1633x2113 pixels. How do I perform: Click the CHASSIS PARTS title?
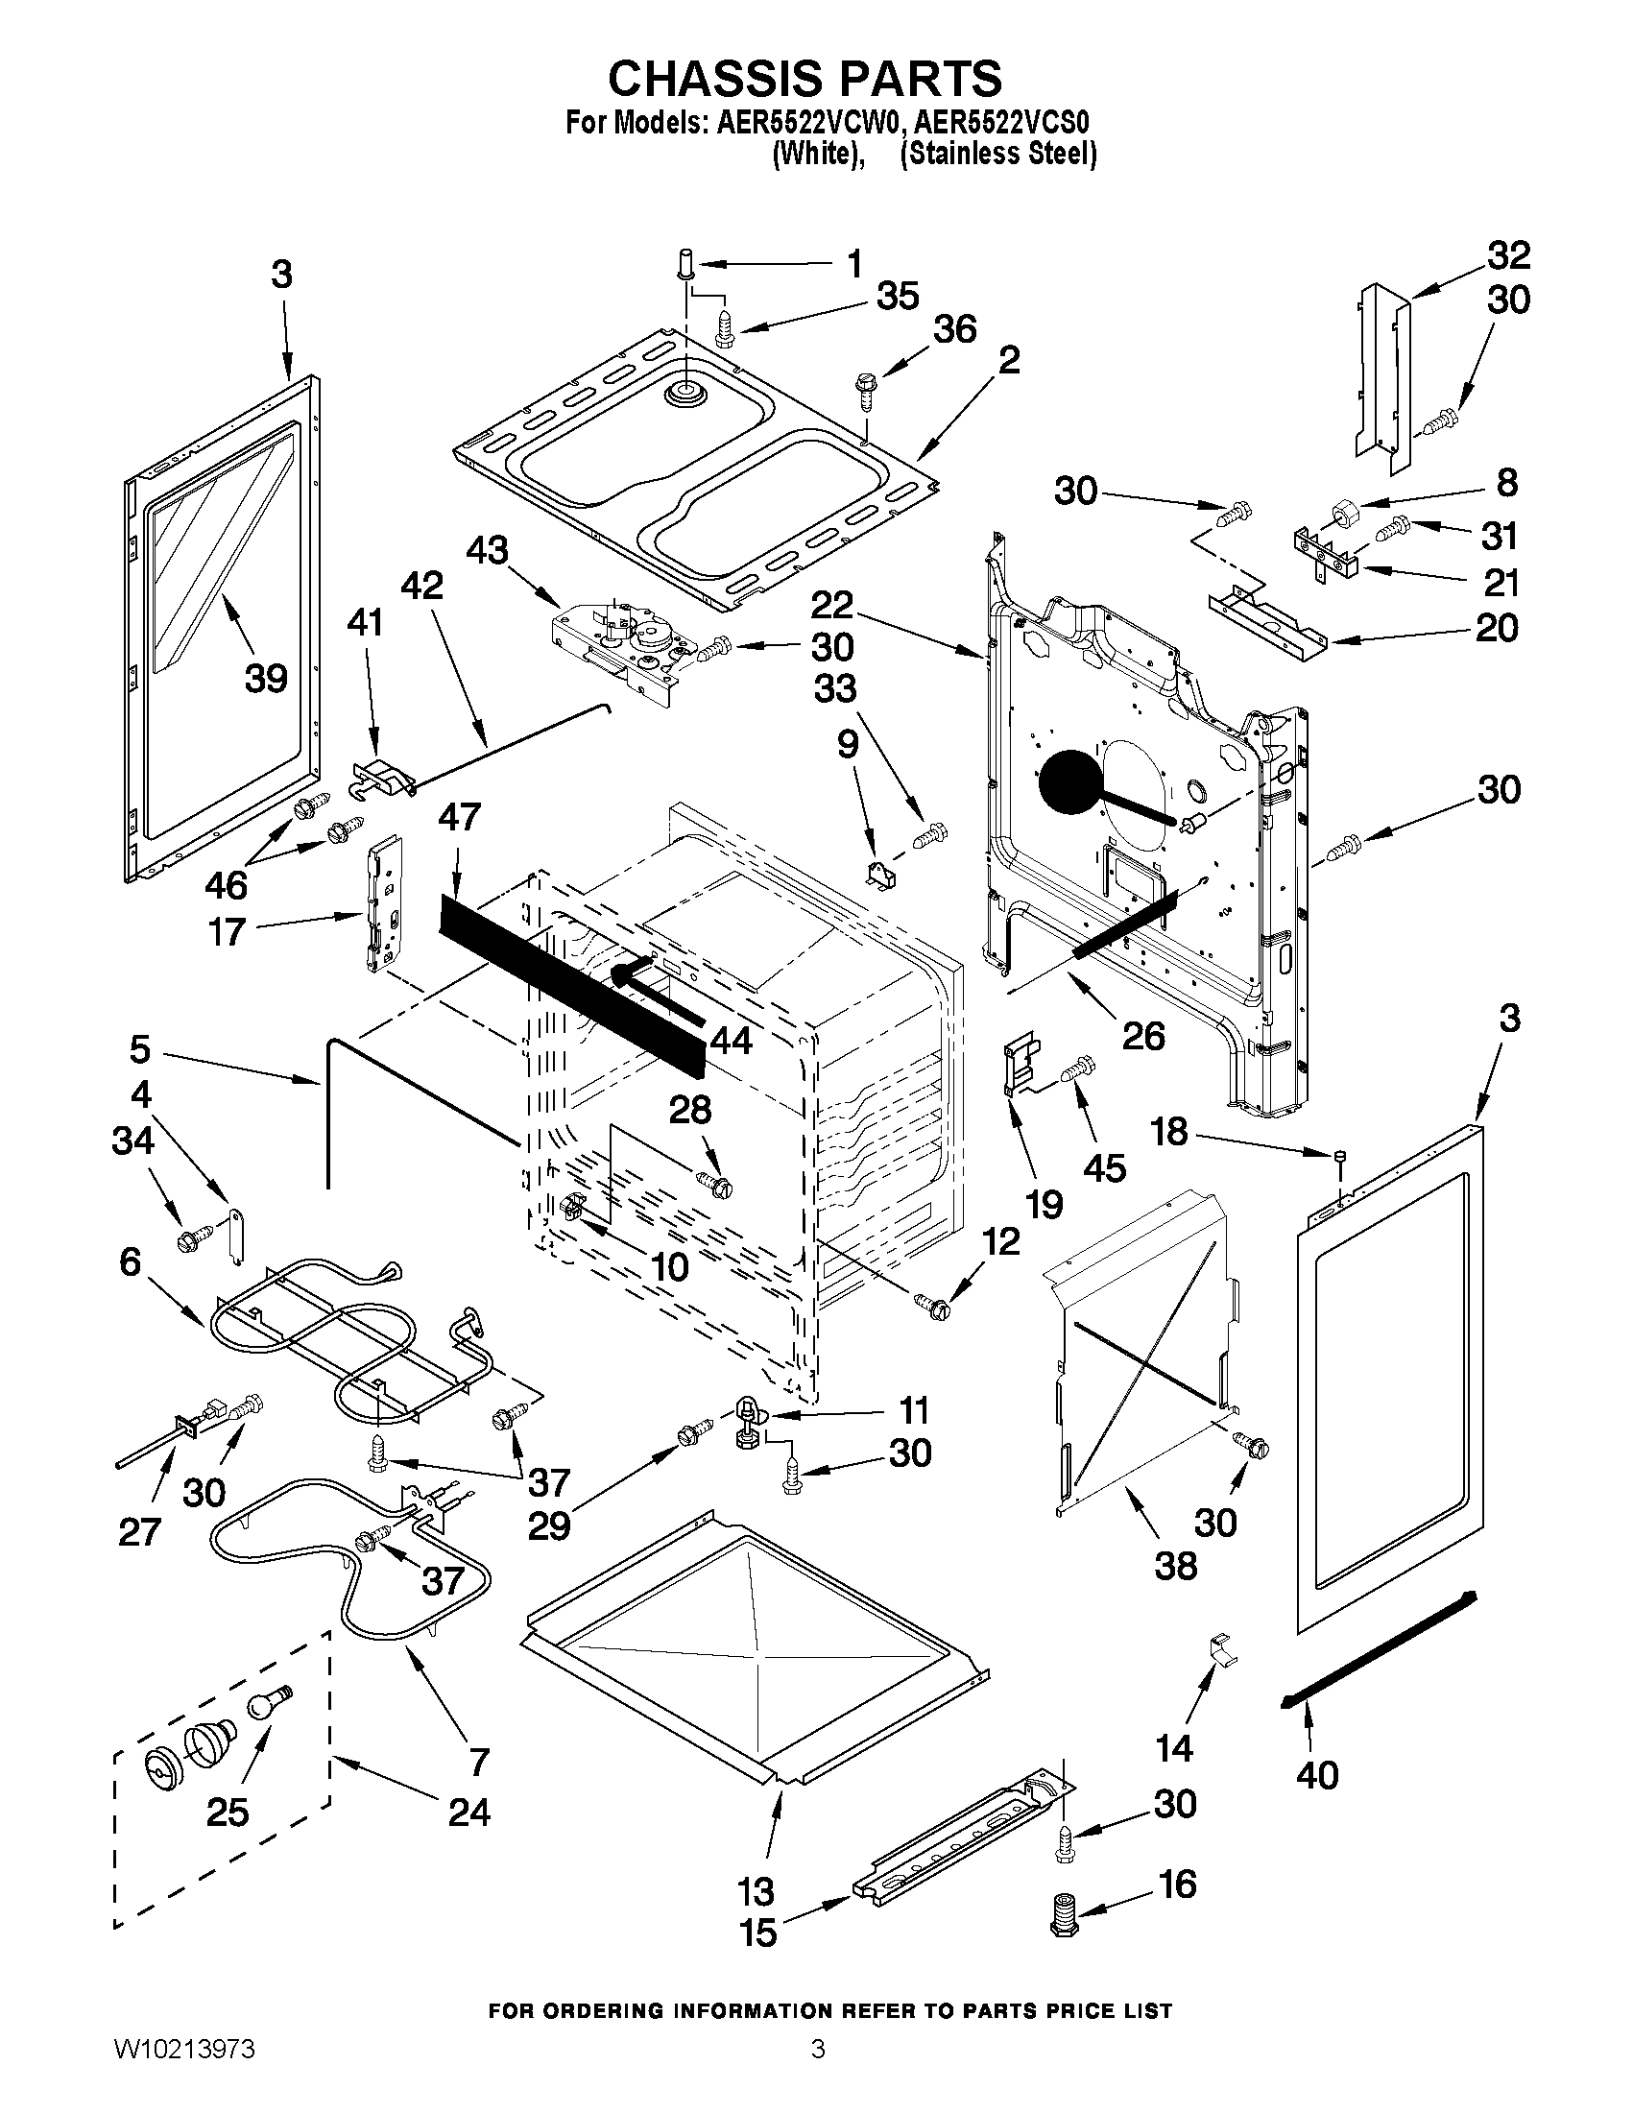804,79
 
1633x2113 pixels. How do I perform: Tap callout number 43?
487,550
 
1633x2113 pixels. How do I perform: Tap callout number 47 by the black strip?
459,817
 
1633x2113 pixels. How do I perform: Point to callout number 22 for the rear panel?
831,606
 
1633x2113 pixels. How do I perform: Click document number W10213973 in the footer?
183,2072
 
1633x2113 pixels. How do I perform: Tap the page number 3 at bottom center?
818,2072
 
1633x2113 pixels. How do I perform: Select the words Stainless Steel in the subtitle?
998,154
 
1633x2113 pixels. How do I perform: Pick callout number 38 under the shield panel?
1175,1565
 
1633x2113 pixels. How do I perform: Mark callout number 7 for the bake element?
478,1761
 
